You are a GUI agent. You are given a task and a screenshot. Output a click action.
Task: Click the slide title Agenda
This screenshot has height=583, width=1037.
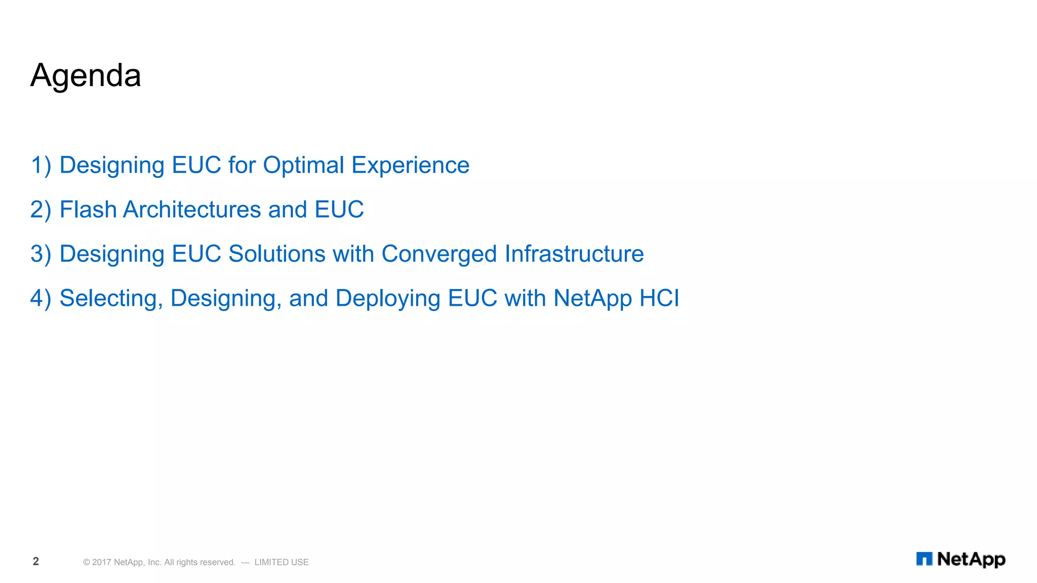click(x=86, y=76)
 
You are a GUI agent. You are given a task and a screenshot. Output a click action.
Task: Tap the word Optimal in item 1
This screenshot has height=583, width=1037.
click(x=303, y=165)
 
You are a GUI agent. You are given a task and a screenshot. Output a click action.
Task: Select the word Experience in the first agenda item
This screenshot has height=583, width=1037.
click(x=410, y=165)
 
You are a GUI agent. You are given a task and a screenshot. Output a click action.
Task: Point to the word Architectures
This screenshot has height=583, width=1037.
click(x=192, y=210)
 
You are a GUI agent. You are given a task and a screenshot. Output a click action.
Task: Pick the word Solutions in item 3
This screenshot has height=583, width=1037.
click(x=276, y=254)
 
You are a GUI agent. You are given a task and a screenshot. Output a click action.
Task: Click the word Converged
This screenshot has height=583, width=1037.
click(x=439, y=254)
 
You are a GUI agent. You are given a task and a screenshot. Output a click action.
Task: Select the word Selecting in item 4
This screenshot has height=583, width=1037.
click(x=111, y=299)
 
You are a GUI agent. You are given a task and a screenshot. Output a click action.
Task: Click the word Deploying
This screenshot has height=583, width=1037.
click(x=387, y=299)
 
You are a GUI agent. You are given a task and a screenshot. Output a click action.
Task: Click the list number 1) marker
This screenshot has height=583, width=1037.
click(x=41, y=165)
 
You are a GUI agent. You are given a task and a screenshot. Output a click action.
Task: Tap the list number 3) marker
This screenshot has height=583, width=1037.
click(x=41, y=254)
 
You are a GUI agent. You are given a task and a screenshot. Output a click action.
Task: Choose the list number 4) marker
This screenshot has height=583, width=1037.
click(x=41, y=299)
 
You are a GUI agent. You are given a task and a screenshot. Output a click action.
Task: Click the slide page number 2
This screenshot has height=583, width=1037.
click(x=36, y=561)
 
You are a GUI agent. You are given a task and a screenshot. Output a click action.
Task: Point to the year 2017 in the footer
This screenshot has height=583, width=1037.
click(x=101, y=562)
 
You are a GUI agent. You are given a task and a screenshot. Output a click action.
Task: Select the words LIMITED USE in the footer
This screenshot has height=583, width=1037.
click(x=282, y=562)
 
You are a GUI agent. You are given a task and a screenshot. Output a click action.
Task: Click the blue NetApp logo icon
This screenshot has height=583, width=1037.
click(x=924, y=559)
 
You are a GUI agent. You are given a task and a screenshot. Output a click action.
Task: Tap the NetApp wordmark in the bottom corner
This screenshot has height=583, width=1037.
click(x=971, y=559)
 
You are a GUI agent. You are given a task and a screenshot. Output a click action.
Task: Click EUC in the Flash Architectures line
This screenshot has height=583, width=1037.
click(x=339, y=210)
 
